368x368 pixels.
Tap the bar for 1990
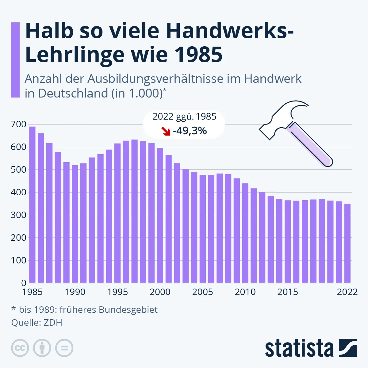coord(75,224)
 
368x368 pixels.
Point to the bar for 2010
coord(245,233)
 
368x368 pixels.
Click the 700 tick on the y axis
coord(18,124)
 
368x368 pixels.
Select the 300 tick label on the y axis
coord(18,215)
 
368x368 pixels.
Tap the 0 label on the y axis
coord(24,283)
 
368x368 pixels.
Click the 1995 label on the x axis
coord(117,292)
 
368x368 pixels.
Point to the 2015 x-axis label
coord(288,292)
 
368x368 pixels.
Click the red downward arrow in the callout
coord(166,131)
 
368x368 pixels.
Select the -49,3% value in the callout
coord(190,131)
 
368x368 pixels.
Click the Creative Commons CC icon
coord(20,348)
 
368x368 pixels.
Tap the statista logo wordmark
coord(299,348)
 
